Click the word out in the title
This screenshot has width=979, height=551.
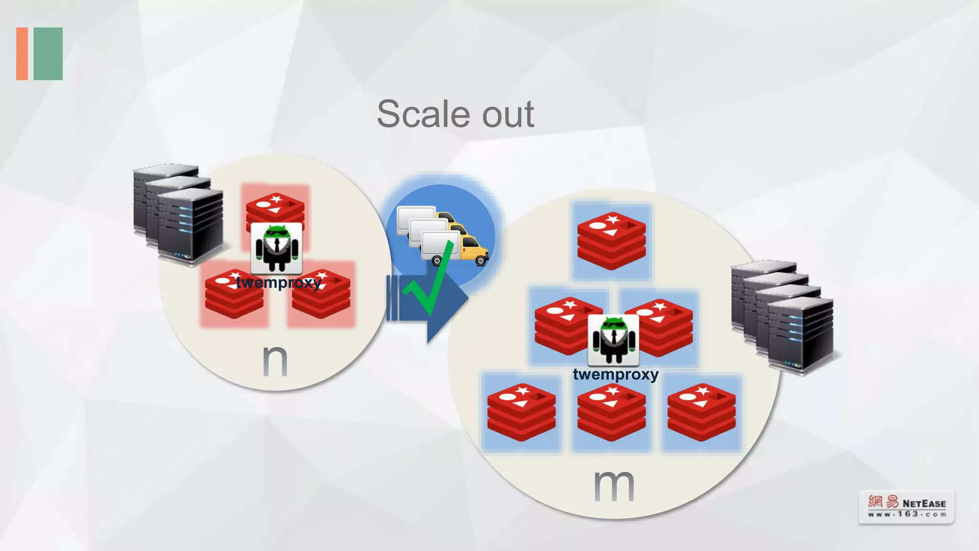point(508,115)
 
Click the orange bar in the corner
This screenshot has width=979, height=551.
point(22,54)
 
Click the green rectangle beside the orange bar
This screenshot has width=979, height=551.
point(48,54)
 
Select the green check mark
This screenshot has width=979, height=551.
point(430,282)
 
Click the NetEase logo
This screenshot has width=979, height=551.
point(906,507)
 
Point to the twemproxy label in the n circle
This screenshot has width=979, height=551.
point(279,283)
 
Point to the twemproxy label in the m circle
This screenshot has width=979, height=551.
point(616,374)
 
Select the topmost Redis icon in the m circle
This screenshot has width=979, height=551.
point(611,241)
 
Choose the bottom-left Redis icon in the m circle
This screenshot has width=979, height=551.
point(522,412)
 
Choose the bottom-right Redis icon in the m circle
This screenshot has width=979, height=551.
point(701,412)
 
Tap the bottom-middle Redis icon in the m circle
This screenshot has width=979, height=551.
point(611,412)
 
